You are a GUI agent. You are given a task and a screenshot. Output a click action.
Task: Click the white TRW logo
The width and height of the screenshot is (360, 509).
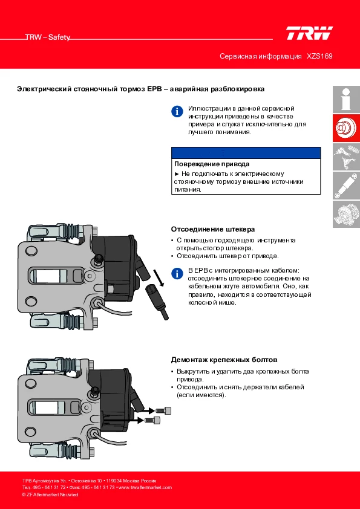[x=309, y=33]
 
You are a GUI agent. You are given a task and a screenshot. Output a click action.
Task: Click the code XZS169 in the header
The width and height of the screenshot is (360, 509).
[x=319, y=56]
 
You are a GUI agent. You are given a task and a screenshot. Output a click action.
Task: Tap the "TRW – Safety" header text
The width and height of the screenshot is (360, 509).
[x=48, y=37]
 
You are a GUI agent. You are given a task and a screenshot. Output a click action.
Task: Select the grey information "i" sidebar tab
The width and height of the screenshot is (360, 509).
[x=346, y=99]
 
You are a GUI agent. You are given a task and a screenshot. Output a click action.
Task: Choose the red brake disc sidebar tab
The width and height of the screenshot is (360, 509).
[x=346, y=128]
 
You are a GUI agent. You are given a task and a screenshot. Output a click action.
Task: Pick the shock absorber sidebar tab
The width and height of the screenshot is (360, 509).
[x=346, y=186]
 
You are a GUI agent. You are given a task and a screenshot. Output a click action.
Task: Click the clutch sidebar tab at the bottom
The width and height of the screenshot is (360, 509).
[x=346, y=214]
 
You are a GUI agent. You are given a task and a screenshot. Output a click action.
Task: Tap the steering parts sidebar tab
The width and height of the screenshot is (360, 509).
[x=346, y=157]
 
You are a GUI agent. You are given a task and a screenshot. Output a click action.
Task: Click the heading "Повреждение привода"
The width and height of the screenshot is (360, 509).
[x=212, y=164]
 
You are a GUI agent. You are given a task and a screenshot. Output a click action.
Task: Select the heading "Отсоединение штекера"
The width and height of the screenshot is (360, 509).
[x=213, y=229]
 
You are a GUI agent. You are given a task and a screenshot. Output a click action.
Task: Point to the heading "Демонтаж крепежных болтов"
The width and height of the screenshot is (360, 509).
[x=224, y=360]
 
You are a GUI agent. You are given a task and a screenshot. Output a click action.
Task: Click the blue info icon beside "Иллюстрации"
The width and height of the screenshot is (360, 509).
[x=177, y=111]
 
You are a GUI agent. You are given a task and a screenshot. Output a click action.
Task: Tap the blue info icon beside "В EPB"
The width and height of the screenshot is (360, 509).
[x=177, y=273]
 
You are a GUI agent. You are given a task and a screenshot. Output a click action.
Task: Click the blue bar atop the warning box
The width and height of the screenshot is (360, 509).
[x=246, y=152]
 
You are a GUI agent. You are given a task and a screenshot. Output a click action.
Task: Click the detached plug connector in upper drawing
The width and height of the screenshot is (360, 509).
[x=157, y=300]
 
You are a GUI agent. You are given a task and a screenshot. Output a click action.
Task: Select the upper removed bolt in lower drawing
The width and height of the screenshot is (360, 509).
[x=163, y=410]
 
